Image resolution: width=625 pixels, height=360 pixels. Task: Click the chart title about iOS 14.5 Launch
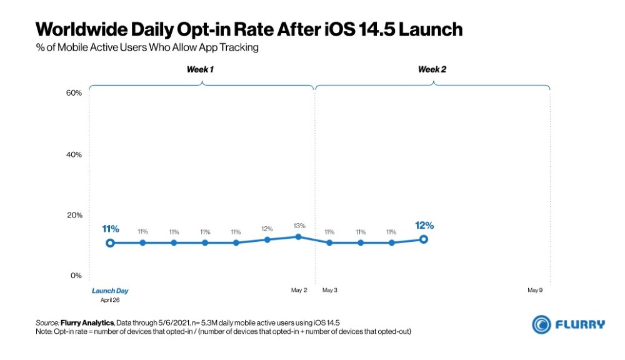point(249,29)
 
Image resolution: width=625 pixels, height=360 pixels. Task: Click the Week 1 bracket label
point(200,69)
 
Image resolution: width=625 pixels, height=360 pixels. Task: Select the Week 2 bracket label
point(432,69)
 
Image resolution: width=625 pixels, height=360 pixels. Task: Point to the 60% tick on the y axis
point(74,93)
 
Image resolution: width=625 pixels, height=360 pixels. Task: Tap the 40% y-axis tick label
point(74,154)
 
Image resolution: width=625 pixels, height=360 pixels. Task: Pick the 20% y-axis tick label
point(74,215)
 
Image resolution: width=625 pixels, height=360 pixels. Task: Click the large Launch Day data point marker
point(110,242)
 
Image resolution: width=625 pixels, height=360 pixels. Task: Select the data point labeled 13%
point(298,237)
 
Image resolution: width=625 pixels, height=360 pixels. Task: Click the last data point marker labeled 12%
point(423,239)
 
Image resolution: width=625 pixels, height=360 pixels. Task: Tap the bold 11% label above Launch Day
point(110,229)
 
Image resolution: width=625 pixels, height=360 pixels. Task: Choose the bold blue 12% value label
point(424,225)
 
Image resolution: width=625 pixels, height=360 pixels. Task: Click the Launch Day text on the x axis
point(110,291)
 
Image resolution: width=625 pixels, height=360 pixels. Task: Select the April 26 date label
point(110,300)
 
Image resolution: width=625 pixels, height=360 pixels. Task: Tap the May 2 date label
point(299,291)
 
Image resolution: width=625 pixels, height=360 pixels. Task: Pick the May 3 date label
point(330,291)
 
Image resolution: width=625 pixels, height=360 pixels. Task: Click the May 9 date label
point(535,291)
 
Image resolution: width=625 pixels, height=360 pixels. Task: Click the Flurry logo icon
point(541,324)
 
